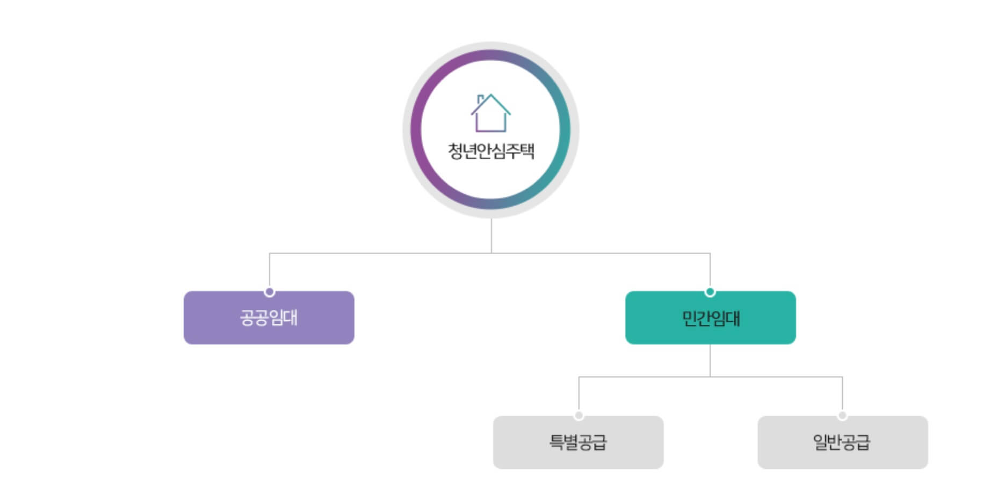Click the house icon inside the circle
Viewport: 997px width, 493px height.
[x=490, y=113]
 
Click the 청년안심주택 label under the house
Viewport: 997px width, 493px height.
[x=491, y=150]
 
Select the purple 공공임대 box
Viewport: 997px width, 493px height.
[x=269, y=317]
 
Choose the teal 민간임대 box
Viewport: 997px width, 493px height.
[x=710, y=317]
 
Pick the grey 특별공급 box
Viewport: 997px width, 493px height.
[x=578, y=442]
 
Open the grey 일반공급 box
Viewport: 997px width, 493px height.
[x=842, y=442]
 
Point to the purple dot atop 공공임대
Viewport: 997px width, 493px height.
[x=270, y=292]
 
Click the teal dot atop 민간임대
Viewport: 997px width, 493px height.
[x=710, y=292]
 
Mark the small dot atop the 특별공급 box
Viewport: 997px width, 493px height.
[x=579, y=416]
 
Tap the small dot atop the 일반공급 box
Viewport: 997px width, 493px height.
[x=842, y=416]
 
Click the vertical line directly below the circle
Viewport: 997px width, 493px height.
[x=491, y=235]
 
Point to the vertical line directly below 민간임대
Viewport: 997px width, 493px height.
[x=710, y=360]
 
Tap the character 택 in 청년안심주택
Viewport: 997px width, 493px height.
[x=527, y=150]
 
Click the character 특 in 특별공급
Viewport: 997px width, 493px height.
[x=557, y=442]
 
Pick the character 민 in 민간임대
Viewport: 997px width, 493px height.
[x=689, y=318]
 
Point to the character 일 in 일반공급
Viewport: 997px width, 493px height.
[x=820, y=442]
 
